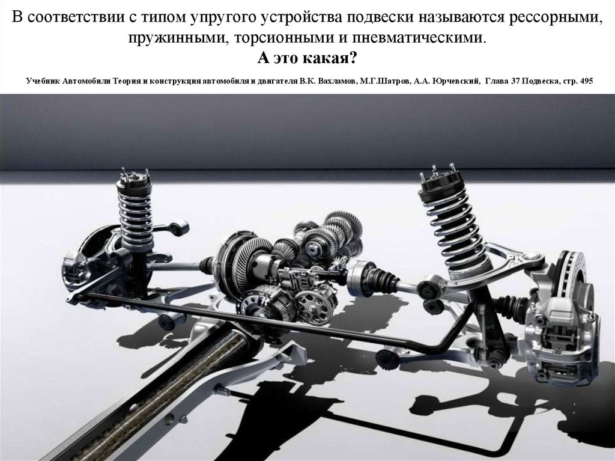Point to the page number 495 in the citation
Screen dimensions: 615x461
tap(587, 81)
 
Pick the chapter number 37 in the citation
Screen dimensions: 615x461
tap(515, 81)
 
